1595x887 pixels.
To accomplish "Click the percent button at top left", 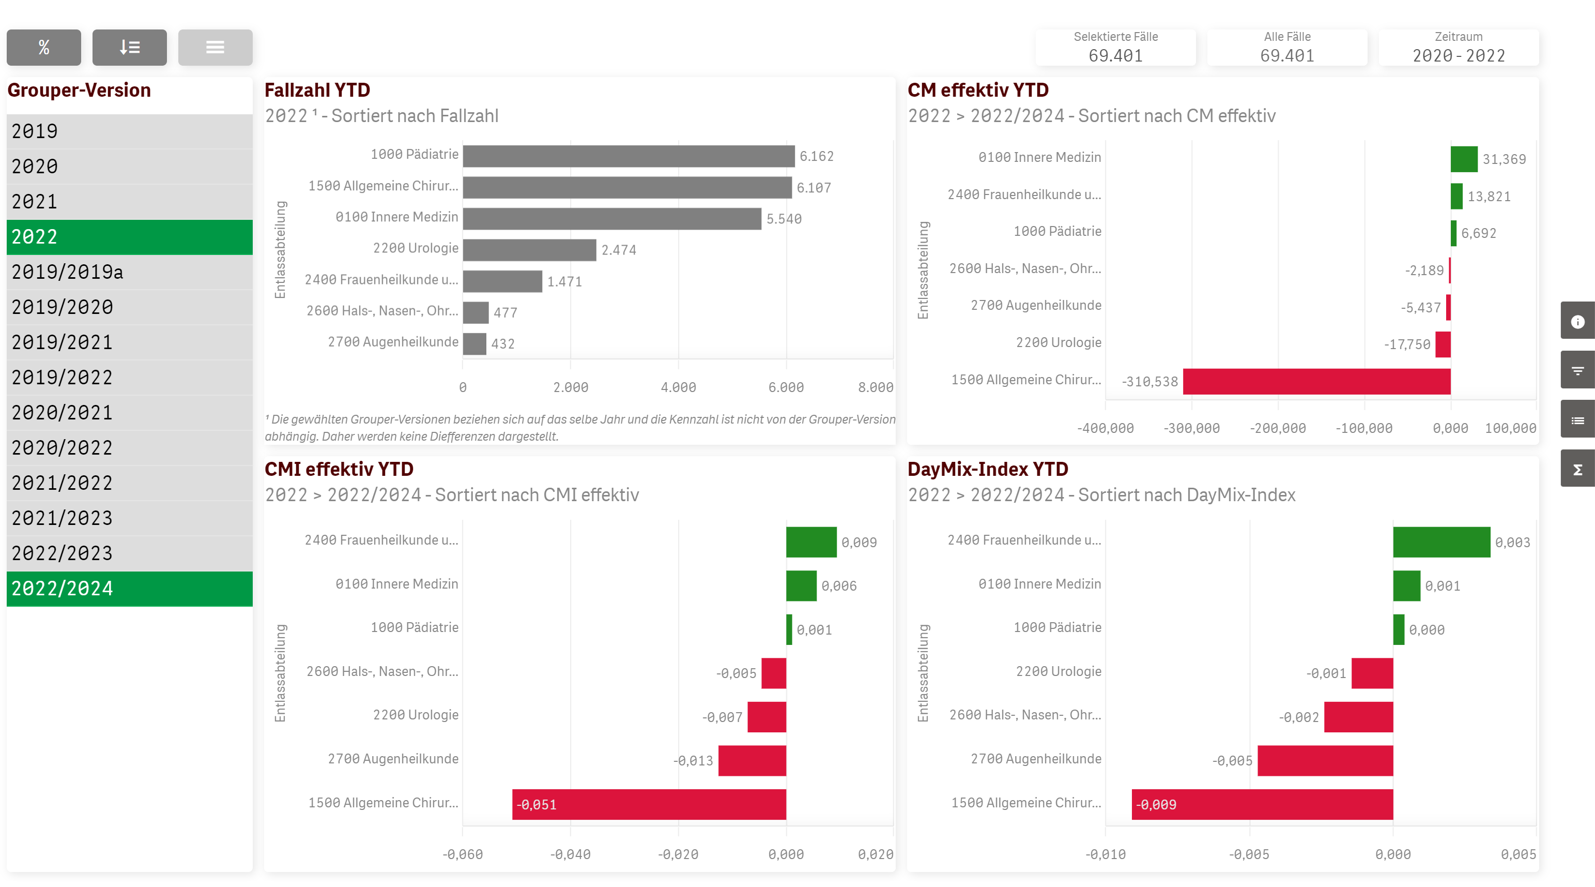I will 43,47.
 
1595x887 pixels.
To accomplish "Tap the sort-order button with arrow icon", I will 129,47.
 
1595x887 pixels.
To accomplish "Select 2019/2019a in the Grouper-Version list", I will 129,272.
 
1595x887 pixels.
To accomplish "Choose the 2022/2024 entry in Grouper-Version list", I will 129,589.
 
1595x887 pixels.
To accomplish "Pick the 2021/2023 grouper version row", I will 129,518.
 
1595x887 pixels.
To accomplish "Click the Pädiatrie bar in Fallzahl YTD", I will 628,156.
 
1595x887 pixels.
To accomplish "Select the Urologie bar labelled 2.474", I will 529,250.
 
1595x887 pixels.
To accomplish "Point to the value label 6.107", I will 814,188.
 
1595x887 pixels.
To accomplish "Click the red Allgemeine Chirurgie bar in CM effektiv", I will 1316,381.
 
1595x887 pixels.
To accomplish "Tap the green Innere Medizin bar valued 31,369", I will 1464,159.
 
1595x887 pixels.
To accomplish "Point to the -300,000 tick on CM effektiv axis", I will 1191,428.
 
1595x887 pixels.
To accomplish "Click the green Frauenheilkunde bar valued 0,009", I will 811,542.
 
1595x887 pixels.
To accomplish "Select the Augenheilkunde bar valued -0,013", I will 752,761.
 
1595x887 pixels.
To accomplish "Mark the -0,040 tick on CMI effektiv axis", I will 570,854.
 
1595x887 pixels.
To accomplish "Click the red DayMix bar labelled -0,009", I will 1262,804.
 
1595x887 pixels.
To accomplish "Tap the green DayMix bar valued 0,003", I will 1441,542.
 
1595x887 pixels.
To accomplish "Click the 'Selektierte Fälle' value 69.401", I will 1115,56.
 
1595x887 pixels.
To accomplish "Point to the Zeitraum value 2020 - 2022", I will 1458,56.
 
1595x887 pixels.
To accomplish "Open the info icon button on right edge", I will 1577,322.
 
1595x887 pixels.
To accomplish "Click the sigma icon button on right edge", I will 1577,470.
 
